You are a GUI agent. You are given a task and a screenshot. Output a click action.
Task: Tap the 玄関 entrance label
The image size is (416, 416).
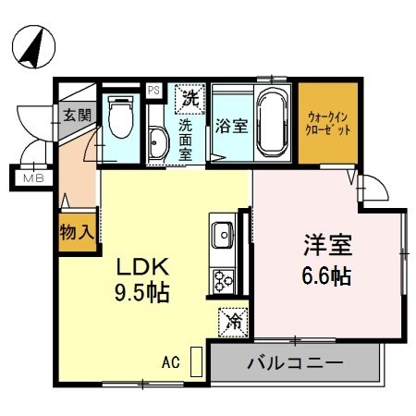click(x=78, y=116)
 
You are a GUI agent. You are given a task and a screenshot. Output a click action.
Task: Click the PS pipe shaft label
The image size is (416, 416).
click(x=154, y=91)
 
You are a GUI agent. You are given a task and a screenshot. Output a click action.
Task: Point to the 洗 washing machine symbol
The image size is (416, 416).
click(x=189, y=96)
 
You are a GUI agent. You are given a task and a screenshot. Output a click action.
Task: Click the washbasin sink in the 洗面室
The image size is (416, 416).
click(x=157, y=142)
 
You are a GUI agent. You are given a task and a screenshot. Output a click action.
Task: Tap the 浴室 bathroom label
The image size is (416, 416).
click(x=230, y=125)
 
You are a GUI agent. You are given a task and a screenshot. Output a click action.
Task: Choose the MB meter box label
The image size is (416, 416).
click(x=34, y=177)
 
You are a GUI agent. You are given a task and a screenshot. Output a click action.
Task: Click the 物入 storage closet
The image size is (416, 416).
click(x=76, y=232)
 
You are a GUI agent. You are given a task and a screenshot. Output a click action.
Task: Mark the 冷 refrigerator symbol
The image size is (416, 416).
click(x=232, y=321)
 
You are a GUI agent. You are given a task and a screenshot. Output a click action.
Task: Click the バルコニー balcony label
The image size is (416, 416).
click(x=295, y=361)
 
